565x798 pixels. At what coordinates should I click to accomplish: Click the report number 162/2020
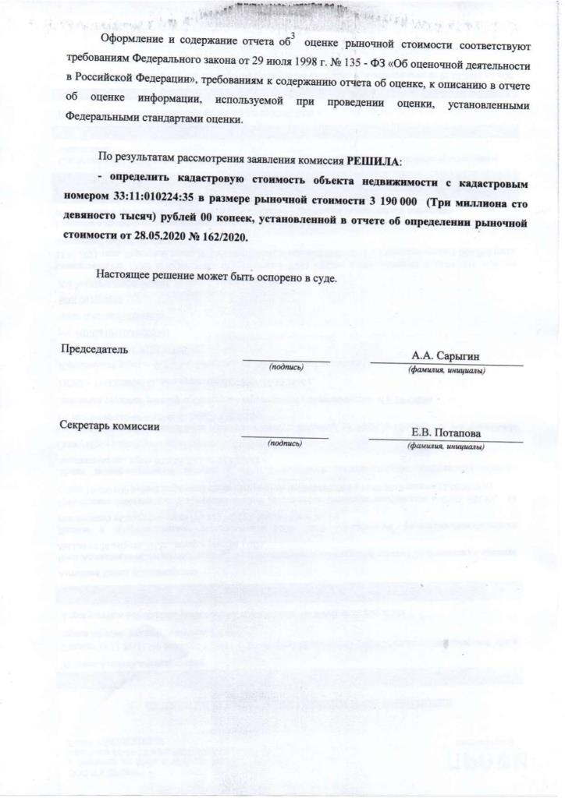[225, 235]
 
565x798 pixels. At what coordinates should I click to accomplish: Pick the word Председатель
[94, 349]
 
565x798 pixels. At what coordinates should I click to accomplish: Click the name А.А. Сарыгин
[446, 356]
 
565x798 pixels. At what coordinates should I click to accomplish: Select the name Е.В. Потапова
[447, 433]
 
